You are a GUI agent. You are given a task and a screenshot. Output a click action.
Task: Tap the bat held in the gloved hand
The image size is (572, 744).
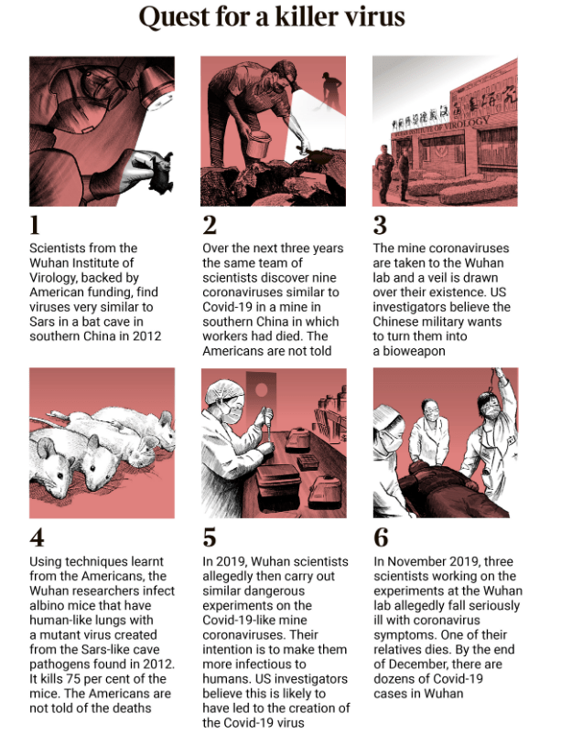point(160,172)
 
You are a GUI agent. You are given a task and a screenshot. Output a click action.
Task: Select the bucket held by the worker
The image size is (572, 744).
point(258,143)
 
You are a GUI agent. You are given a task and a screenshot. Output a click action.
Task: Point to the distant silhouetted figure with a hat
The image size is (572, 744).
point(329,91)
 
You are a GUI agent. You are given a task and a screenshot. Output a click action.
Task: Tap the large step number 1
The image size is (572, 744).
point(35,225)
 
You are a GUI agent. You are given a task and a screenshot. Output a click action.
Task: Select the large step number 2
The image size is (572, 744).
point(210,225)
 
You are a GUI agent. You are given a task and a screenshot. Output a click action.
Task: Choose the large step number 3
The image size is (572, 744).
point(380,225)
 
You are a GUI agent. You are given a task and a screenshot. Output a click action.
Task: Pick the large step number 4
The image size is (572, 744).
point(37,537)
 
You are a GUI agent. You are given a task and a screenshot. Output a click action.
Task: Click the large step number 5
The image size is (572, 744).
point(210,537)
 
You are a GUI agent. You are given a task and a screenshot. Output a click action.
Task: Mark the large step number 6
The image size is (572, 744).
point(381,537)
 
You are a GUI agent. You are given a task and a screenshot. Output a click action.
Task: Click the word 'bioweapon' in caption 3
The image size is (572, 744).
point(414,351)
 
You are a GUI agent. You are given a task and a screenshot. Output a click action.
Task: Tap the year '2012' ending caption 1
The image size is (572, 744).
point(146,336)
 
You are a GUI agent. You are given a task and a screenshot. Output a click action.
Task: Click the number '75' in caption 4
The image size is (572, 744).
point(73,679)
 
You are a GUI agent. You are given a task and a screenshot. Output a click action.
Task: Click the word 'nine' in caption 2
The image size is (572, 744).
point(325,278)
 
